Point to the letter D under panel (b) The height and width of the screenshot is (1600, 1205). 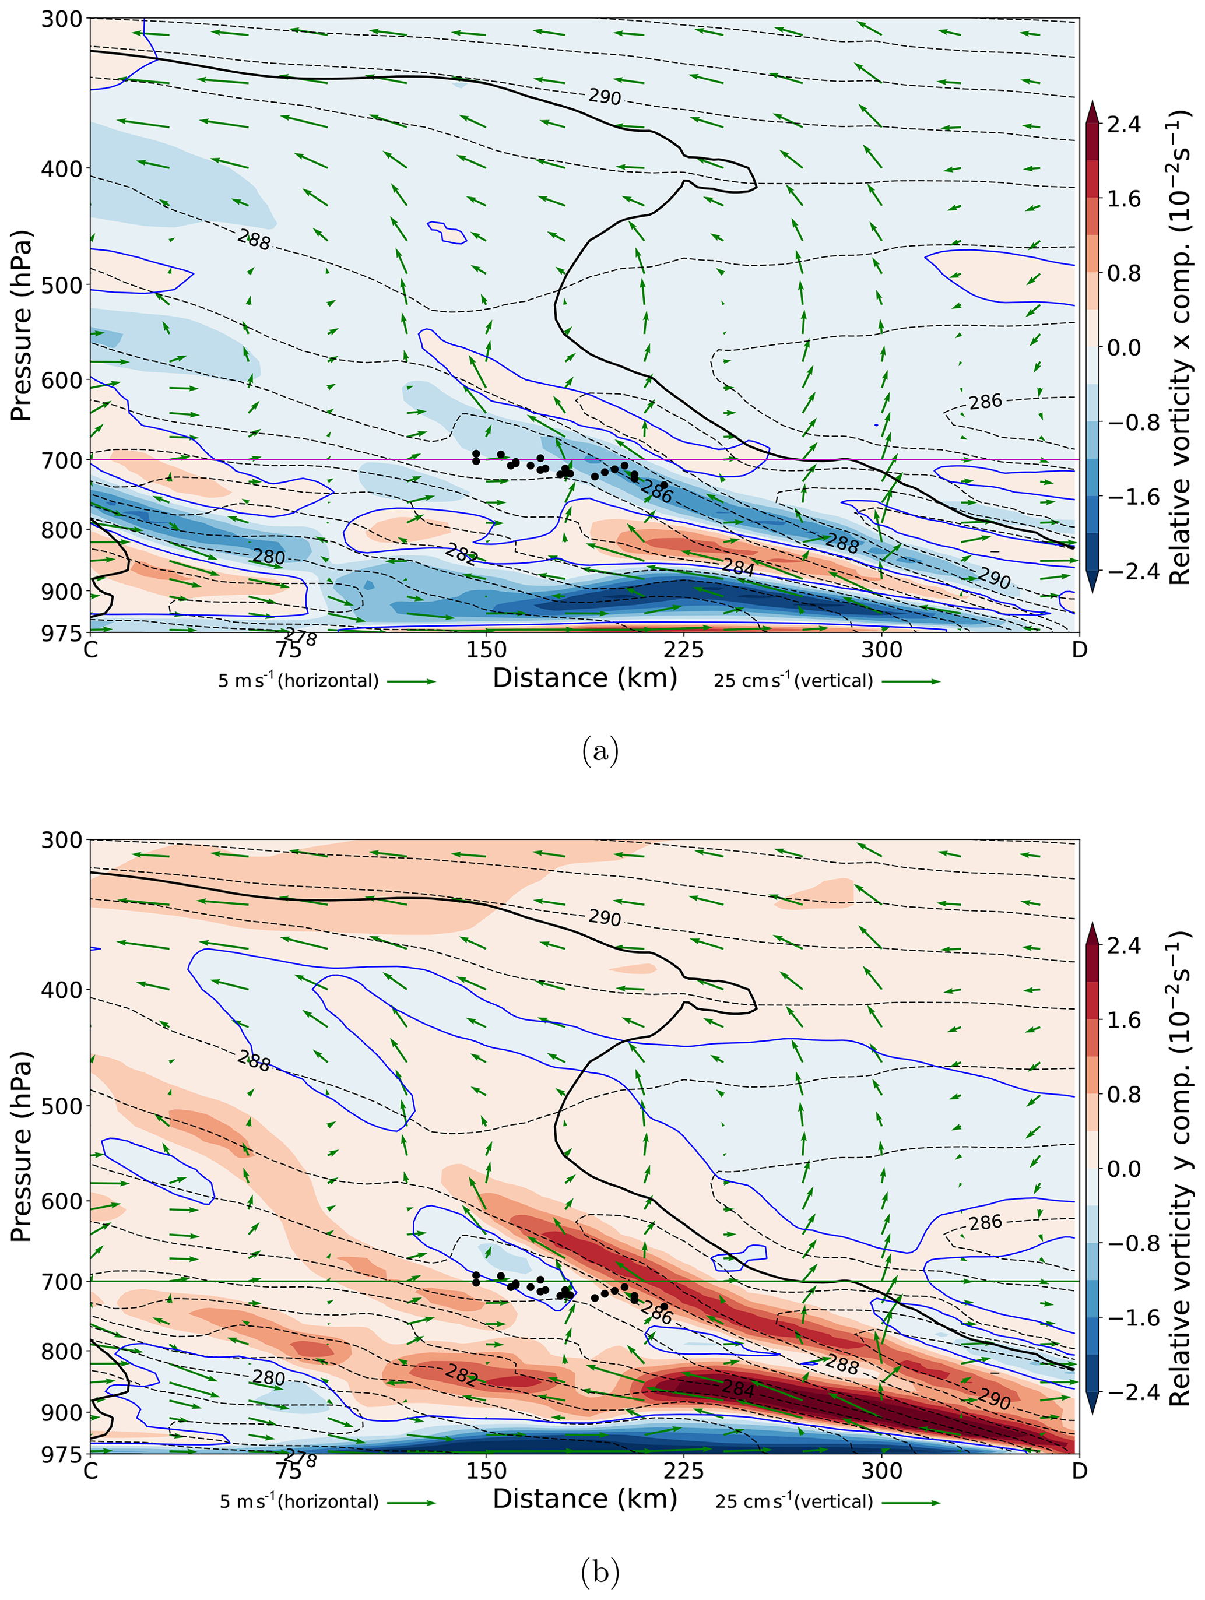(1078, 1471)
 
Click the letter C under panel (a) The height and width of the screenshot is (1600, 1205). (90, 649)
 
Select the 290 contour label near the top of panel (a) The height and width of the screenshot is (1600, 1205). (604, 96)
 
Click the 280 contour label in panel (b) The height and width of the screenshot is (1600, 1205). (268, 1377)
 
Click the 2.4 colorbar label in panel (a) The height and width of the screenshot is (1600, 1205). (1123, 124)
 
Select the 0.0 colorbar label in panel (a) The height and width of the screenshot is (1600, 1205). (1123, 347)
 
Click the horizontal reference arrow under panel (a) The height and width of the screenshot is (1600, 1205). (411, 681)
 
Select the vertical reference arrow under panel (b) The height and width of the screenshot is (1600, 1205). (911, 1502)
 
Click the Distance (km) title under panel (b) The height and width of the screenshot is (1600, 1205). (584, 1499)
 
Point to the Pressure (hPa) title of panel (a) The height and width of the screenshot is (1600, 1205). (22, 325)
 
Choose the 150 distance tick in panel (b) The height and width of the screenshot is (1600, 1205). (486, 1471)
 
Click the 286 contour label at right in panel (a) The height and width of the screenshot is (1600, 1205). (985, 402)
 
